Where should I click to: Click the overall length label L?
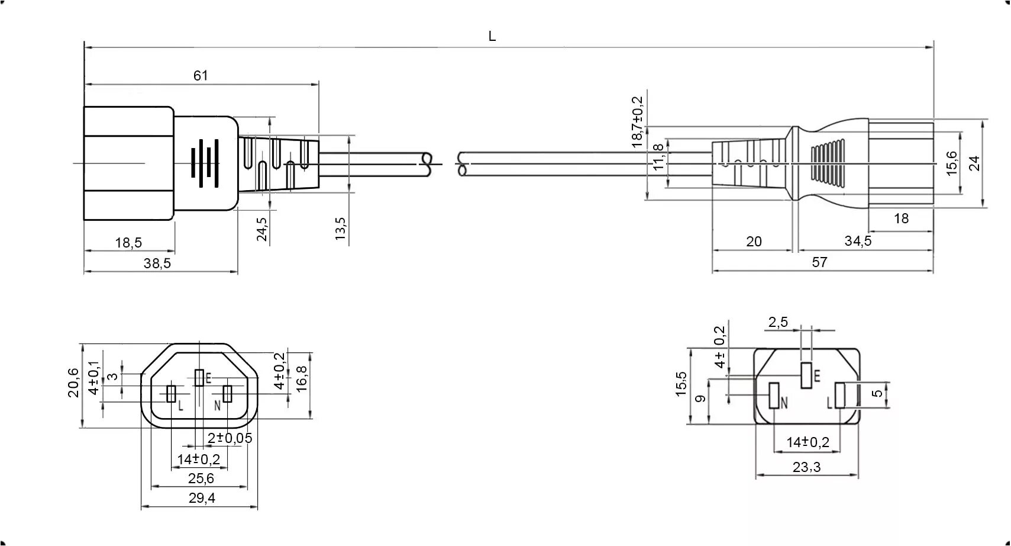[x=492, y=37]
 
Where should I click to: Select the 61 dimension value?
[x=201, y=76]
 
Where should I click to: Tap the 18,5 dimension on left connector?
[x=128, y=243]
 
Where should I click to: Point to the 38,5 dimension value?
[x=157, y=264]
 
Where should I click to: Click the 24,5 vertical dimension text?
[x=262, y=229]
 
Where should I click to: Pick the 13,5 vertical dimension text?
[x=340, y=229]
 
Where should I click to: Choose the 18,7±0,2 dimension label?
[x=637, y=121]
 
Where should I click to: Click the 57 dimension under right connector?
[x=819, y=262]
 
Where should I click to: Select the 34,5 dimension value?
[x=858, y=241]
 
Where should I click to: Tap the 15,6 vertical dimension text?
[x=951, y=163]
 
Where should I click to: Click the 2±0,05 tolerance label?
[x=230, y=438]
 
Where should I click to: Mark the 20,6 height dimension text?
[x=73, y=383]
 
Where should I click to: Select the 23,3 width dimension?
[x=806, y=467]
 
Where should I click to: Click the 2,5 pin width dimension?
[x=778, y=322]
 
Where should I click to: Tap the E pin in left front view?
[x=200, y=378]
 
